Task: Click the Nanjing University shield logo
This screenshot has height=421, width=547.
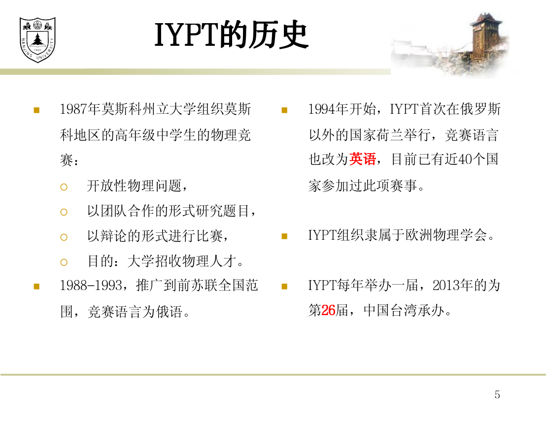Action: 37,40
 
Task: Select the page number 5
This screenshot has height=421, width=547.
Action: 497,394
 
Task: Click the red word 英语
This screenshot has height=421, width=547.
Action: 363,159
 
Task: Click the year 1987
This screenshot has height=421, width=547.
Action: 73,109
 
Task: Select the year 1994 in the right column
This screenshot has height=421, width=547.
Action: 322,109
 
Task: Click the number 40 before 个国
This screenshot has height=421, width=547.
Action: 466,159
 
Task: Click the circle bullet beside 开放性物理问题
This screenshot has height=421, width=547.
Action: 64,187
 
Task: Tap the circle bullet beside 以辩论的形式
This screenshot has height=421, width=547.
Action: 64,237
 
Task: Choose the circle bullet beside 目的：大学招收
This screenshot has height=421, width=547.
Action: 64,262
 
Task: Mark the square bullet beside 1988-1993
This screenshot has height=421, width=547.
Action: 36,286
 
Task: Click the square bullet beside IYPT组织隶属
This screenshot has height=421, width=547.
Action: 284,236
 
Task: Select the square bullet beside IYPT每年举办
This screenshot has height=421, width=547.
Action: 284,286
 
